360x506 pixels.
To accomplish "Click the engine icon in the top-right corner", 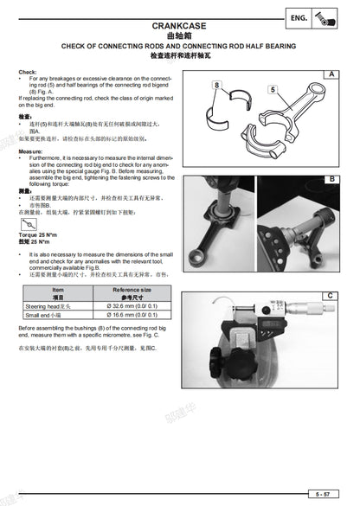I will [331, 18].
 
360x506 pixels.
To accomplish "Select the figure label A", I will [330, 75].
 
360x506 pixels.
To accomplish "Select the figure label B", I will [330, 179].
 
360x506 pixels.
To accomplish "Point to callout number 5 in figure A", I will [272, 88].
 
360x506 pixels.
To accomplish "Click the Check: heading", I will [27, 71].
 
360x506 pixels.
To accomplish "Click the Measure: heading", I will [30, 151].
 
